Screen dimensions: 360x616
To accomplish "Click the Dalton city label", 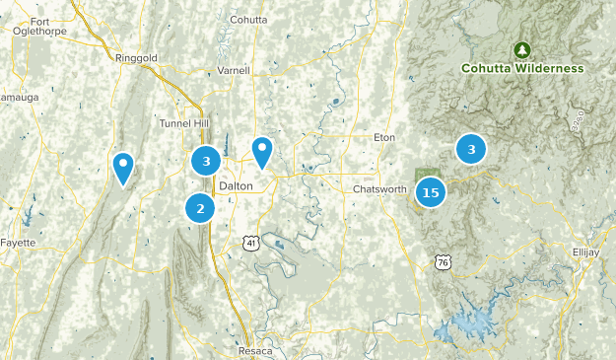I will (x=237, y=185).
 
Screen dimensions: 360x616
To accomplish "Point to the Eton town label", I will (x=383, y=137).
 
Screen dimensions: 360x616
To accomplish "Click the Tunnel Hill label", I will (x=184, y=123).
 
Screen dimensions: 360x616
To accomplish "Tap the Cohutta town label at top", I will (x=249, y=17).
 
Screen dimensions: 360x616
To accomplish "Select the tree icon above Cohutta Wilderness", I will (x=522, y=49).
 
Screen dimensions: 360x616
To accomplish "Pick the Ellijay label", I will (x=585, y=252).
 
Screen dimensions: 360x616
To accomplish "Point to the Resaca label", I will (x=254, y=350).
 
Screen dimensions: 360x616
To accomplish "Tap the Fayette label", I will (x=17, y=242).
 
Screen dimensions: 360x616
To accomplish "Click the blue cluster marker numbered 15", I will (x=431, y=192).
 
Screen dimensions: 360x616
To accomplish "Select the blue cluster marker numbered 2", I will (x=200, y=207).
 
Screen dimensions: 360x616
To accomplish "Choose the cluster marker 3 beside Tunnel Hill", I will (x=206, y=160).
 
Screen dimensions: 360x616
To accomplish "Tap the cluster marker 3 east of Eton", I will (x=471, y=149).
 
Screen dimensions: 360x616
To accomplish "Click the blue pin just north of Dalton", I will (x=261, y=152).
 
